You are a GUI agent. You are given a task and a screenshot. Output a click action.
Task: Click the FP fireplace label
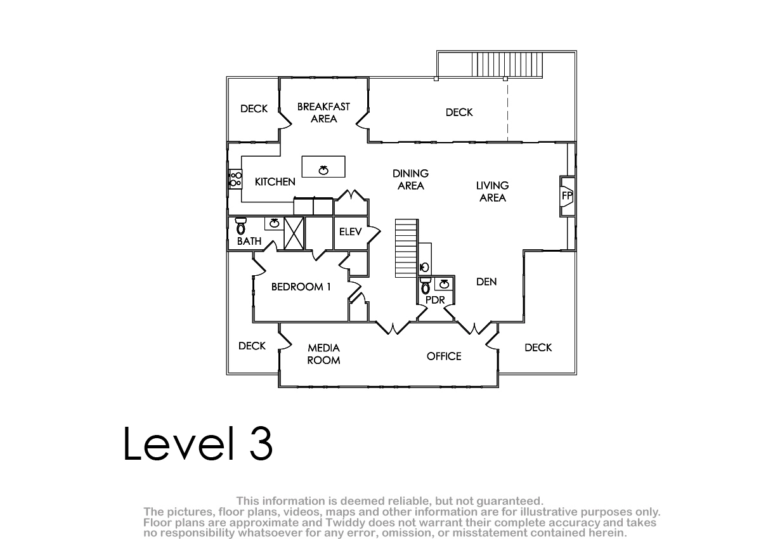(x=567, y=196)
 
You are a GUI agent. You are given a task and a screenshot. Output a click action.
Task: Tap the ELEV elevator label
(x=350, y=231)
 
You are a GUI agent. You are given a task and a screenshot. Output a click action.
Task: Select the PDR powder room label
(x=435, y=300)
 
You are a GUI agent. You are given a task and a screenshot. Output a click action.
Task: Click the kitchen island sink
(x=323, y=169)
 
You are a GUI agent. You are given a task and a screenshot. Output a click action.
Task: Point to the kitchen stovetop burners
(x=235, y=179)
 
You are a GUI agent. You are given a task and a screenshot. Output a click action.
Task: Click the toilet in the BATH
(x=241, y=226)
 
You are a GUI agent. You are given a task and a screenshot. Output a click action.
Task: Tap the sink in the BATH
(x=274, y=223)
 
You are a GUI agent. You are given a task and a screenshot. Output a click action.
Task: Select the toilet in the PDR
(x=426, y=285)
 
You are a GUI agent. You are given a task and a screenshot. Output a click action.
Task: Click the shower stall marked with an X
(x=294, y=233)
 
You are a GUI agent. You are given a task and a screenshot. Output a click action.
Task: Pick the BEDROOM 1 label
(x=301, y=287)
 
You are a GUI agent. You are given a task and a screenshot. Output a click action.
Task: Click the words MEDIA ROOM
(x=323, y=354)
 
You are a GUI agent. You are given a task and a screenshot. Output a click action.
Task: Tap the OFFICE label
(x=444, y=356)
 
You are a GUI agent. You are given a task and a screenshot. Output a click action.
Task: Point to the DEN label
(x=486, y=282)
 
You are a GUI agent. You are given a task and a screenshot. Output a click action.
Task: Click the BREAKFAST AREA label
(x=323, y=113)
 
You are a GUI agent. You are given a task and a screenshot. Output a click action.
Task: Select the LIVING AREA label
(x=492, y=192)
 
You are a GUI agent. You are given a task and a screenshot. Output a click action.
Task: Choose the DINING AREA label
(x=410, y=179)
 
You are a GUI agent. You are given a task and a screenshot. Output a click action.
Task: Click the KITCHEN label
(x=275, y=182)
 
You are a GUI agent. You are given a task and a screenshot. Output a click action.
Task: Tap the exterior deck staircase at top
(x=507, y=65)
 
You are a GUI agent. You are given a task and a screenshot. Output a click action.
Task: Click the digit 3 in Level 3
(x=261, y=444)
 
